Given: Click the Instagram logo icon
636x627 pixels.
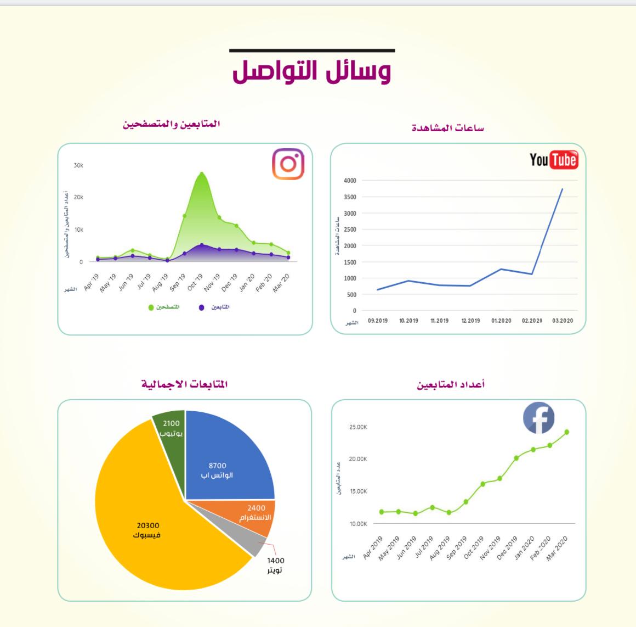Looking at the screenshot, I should point(288,164).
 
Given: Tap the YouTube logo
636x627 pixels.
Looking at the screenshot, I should point(553,160).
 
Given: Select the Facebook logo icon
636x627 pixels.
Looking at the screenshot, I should point(538,418).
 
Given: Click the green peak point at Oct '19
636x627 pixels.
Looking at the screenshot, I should point(202,174).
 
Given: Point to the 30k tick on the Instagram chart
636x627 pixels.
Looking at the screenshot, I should point(78,165).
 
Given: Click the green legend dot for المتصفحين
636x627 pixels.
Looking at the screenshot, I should point(151,307).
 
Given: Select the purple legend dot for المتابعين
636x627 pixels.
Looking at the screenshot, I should point(202,307).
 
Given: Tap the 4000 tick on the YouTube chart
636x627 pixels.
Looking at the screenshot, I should point(350,181).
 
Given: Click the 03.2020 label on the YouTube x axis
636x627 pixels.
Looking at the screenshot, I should point(563,321).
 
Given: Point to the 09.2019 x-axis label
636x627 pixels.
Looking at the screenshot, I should point(377,321).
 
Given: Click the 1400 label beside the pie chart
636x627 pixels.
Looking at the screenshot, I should point(276,561).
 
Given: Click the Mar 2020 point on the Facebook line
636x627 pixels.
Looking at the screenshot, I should point(566,432).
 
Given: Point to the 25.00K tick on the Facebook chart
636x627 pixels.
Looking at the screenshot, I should point(358,427).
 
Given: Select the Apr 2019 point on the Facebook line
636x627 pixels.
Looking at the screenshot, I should point(382,512).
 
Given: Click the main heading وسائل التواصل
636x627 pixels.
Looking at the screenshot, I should point(312,72).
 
